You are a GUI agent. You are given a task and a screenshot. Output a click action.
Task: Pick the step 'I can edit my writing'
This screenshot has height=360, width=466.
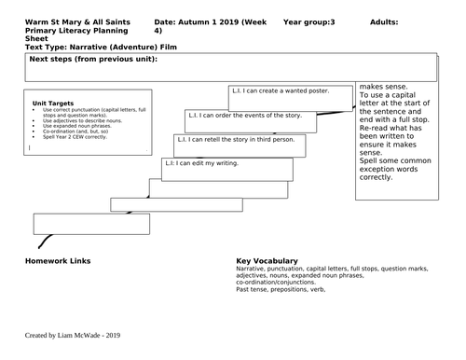click(x=202, y=163)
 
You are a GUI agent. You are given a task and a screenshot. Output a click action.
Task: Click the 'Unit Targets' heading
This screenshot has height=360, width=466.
click(x=52, y=104)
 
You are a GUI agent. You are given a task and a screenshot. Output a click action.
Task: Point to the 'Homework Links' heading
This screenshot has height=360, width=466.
click(x=60, y=261)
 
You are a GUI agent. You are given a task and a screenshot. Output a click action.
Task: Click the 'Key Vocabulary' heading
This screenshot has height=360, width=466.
click(x=267, y=261)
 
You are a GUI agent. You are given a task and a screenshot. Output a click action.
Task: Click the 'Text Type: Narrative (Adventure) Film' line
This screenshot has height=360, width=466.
click(x=89, y=46)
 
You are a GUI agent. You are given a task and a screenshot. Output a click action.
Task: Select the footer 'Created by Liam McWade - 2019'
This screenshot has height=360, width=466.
click(x=73, y=334)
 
